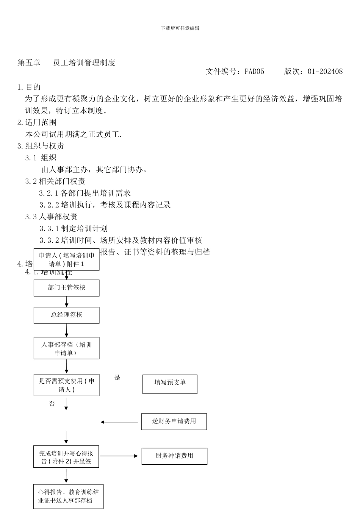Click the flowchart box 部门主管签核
(x=66, y=288)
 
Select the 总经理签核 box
(x=66, y=315)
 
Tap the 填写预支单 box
(x=170, y=384)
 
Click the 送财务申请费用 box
(x=174, y=422)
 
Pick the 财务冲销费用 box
(x=174, y=456)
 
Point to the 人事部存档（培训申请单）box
(x=66, y=348)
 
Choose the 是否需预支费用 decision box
(x=66, y=385)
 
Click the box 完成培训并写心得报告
(x=66, y=457)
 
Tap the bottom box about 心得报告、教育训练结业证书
(x=68, y=496)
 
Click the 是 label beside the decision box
(x=117, y=378)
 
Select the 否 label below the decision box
(x=52, y=404)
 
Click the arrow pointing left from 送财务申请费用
(x=119, y=422)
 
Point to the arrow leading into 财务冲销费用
(x=119, y=456)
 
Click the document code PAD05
(x=254, y=71)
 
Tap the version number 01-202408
(x=325, y=71)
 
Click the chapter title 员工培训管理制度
(x=84, y=63)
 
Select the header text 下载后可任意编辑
(x=180, y=28)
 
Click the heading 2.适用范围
(x=37, y=122)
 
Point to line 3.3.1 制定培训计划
(x=74, y=228)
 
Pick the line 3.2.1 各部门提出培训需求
(x=85, y=193)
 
